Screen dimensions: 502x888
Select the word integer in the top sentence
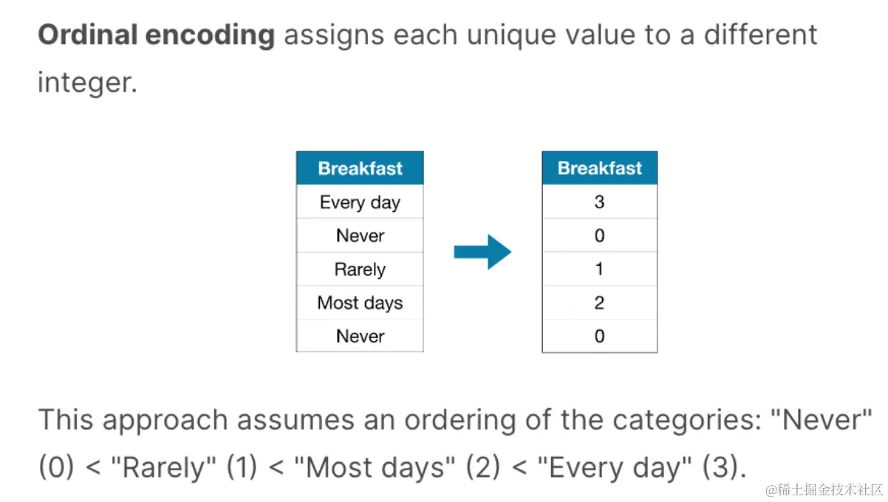87,83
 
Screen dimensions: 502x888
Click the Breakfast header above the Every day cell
360,168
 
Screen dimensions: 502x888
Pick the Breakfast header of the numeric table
599,168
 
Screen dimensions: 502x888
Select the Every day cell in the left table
360,202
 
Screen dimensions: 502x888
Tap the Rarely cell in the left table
360,269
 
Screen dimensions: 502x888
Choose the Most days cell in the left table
360,303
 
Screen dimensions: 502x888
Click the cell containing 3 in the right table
599,202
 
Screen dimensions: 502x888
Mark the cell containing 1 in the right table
599,269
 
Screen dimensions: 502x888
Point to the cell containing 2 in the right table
599,303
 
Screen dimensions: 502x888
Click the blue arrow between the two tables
482,252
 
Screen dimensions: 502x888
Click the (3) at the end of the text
724,467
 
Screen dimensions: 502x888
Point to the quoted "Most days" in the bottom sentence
372,467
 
